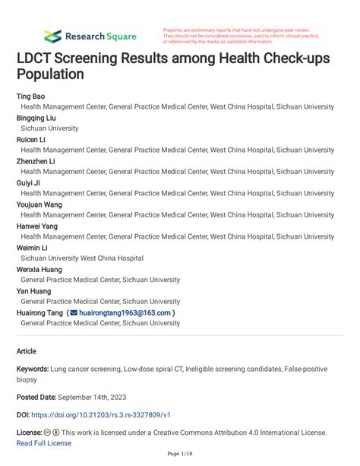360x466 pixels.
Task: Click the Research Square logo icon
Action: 52,36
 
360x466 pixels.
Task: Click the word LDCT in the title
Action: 39,59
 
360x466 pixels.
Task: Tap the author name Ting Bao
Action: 33,97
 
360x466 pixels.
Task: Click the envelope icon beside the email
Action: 74,312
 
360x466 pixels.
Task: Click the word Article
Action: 27,351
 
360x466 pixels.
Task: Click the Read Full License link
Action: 44,443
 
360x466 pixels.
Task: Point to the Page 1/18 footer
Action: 179,455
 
